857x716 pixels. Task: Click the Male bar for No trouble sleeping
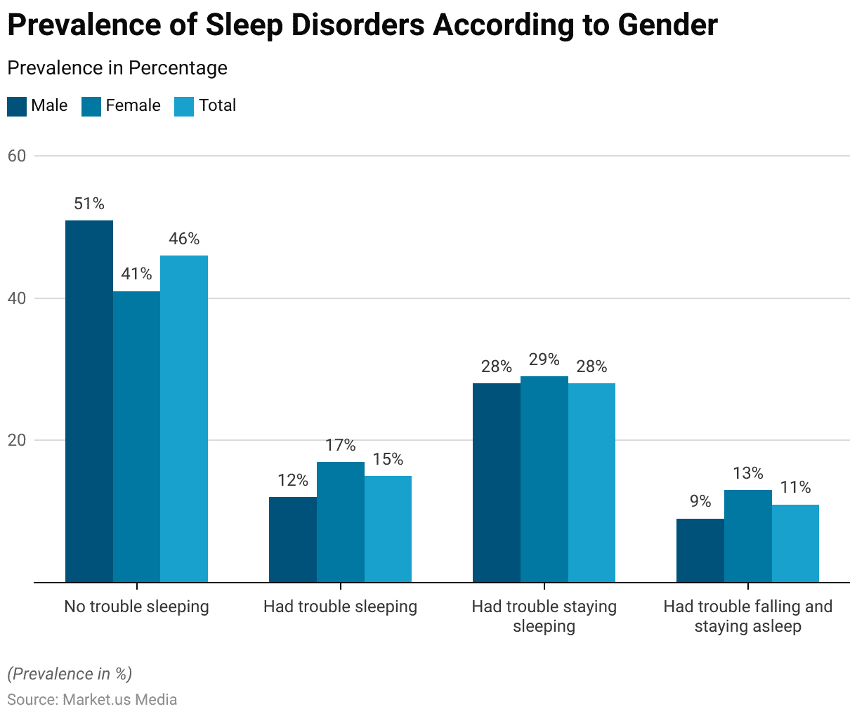click(89, 402)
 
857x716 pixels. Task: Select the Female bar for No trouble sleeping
click(136, 437)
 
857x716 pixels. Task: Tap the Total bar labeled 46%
click(184, 419)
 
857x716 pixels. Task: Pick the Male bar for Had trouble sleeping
click(293, 540)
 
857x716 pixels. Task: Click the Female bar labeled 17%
click(341, 522)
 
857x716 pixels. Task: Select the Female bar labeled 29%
click(544, 479)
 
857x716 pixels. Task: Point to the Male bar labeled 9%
click(700, 550)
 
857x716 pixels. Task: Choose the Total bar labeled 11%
click(795, 543)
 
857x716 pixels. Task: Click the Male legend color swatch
click(17, 106)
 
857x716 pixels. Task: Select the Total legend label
click(217, 105)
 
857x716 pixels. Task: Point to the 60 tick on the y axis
click(16, 156)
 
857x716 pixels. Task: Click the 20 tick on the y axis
click(16, 440)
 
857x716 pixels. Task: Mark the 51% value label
click(89, 204)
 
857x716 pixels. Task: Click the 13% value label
click(748, 473)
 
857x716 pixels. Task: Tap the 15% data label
click(388, 459)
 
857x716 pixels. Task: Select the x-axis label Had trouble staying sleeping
click(544, 616)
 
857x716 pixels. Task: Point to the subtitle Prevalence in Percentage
click(117, 68)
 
